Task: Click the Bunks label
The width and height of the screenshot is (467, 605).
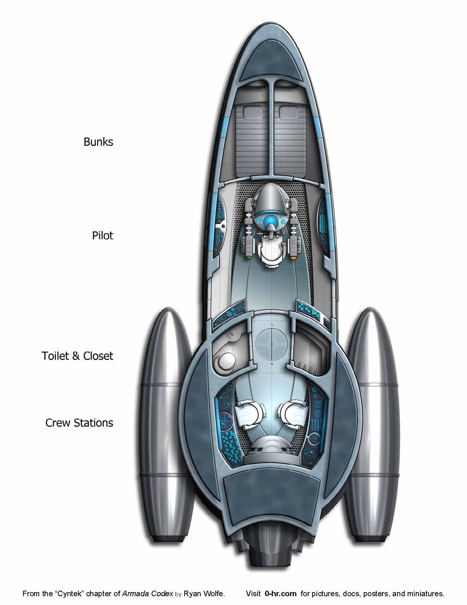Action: pyautogui.click(x=98, y=142)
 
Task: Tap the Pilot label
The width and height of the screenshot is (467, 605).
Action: pyautogui.click(x=103, y=235)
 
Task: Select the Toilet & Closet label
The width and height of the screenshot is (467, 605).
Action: pyautogui.click(x=77, y=356)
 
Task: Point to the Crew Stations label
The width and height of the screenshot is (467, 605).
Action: pyautogui.click(x=79, y=423)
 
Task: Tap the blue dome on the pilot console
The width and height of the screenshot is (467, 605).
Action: pyautogui.click(x=271, y=220)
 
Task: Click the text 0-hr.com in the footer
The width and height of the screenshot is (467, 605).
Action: pyautogui.click(x=281, y=593)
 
